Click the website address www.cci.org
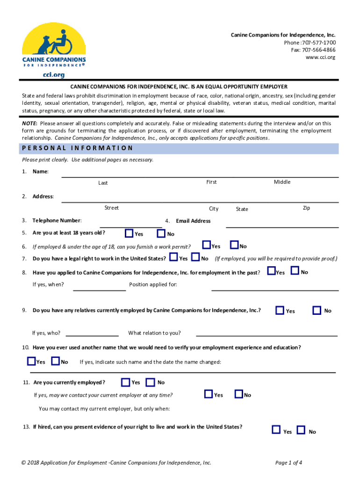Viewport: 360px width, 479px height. [x=320, y=57]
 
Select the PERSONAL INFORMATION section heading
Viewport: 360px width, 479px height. [x=78, y=148]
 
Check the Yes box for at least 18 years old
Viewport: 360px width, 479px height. [x=130, y=233]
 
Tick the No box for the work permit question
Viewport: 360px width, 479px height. [x=234, y=245]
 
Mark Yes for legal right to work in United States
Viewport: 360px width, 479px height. [x=173, y=257]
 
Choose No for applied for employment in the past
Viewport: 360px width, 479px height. [x=295, y=271]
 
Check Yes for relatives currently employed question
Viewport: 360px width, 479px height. [x=280, y=310]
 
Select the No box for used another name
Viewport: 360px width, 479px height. [x=55, y=361]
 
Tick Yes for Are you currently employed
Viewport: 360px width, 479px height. [x=125, y=382]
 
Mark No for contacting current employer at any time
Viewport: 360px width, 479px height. [x=238, y=394]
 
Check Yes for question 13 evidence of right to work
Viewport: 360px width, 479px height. [x=276, y=430]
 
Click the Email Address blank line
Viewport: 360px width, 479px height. [x=282, y=226]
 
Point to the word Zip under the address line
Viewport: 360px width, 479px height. [x=306, y=208]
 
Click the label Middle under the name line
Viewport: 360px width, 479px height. [x=282, y=182]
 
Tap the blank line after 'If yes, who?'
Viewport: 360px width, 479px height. [x=92, y=335]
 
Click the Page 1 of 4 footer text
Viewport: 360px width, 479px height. [x=288, y=463]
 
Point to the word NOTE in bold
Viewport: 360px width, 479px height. [x=30, y=123]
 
